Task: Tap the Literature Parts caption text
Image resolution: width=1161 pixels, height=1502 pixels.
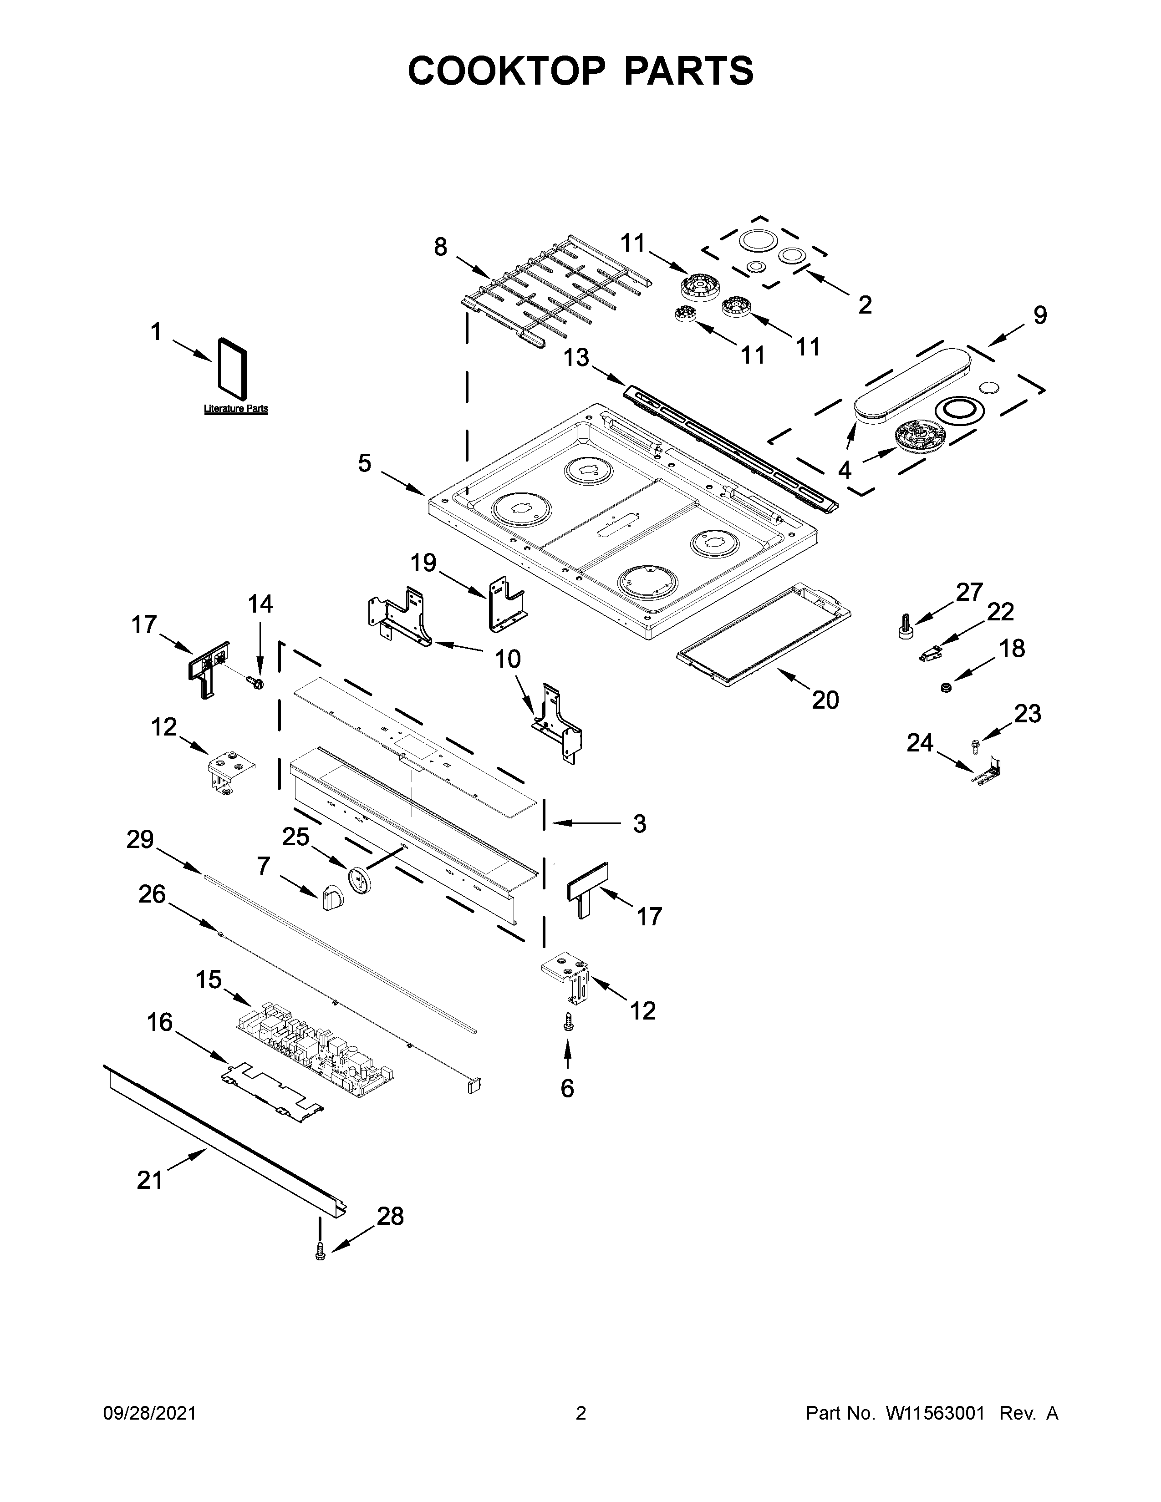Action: pos(236,409)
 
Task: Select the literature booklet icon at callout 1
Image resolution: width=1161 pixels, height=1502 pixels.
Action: pos(232,368)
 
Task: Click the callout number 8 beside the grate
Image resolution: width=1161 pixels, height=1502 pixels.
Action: pos(440,247)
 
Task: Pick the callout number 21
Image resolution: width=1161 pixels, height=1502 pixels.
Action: pos(150,1180)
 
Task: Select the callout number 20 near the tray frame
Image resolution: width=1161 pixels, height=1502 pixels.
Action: pos(825,700)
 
